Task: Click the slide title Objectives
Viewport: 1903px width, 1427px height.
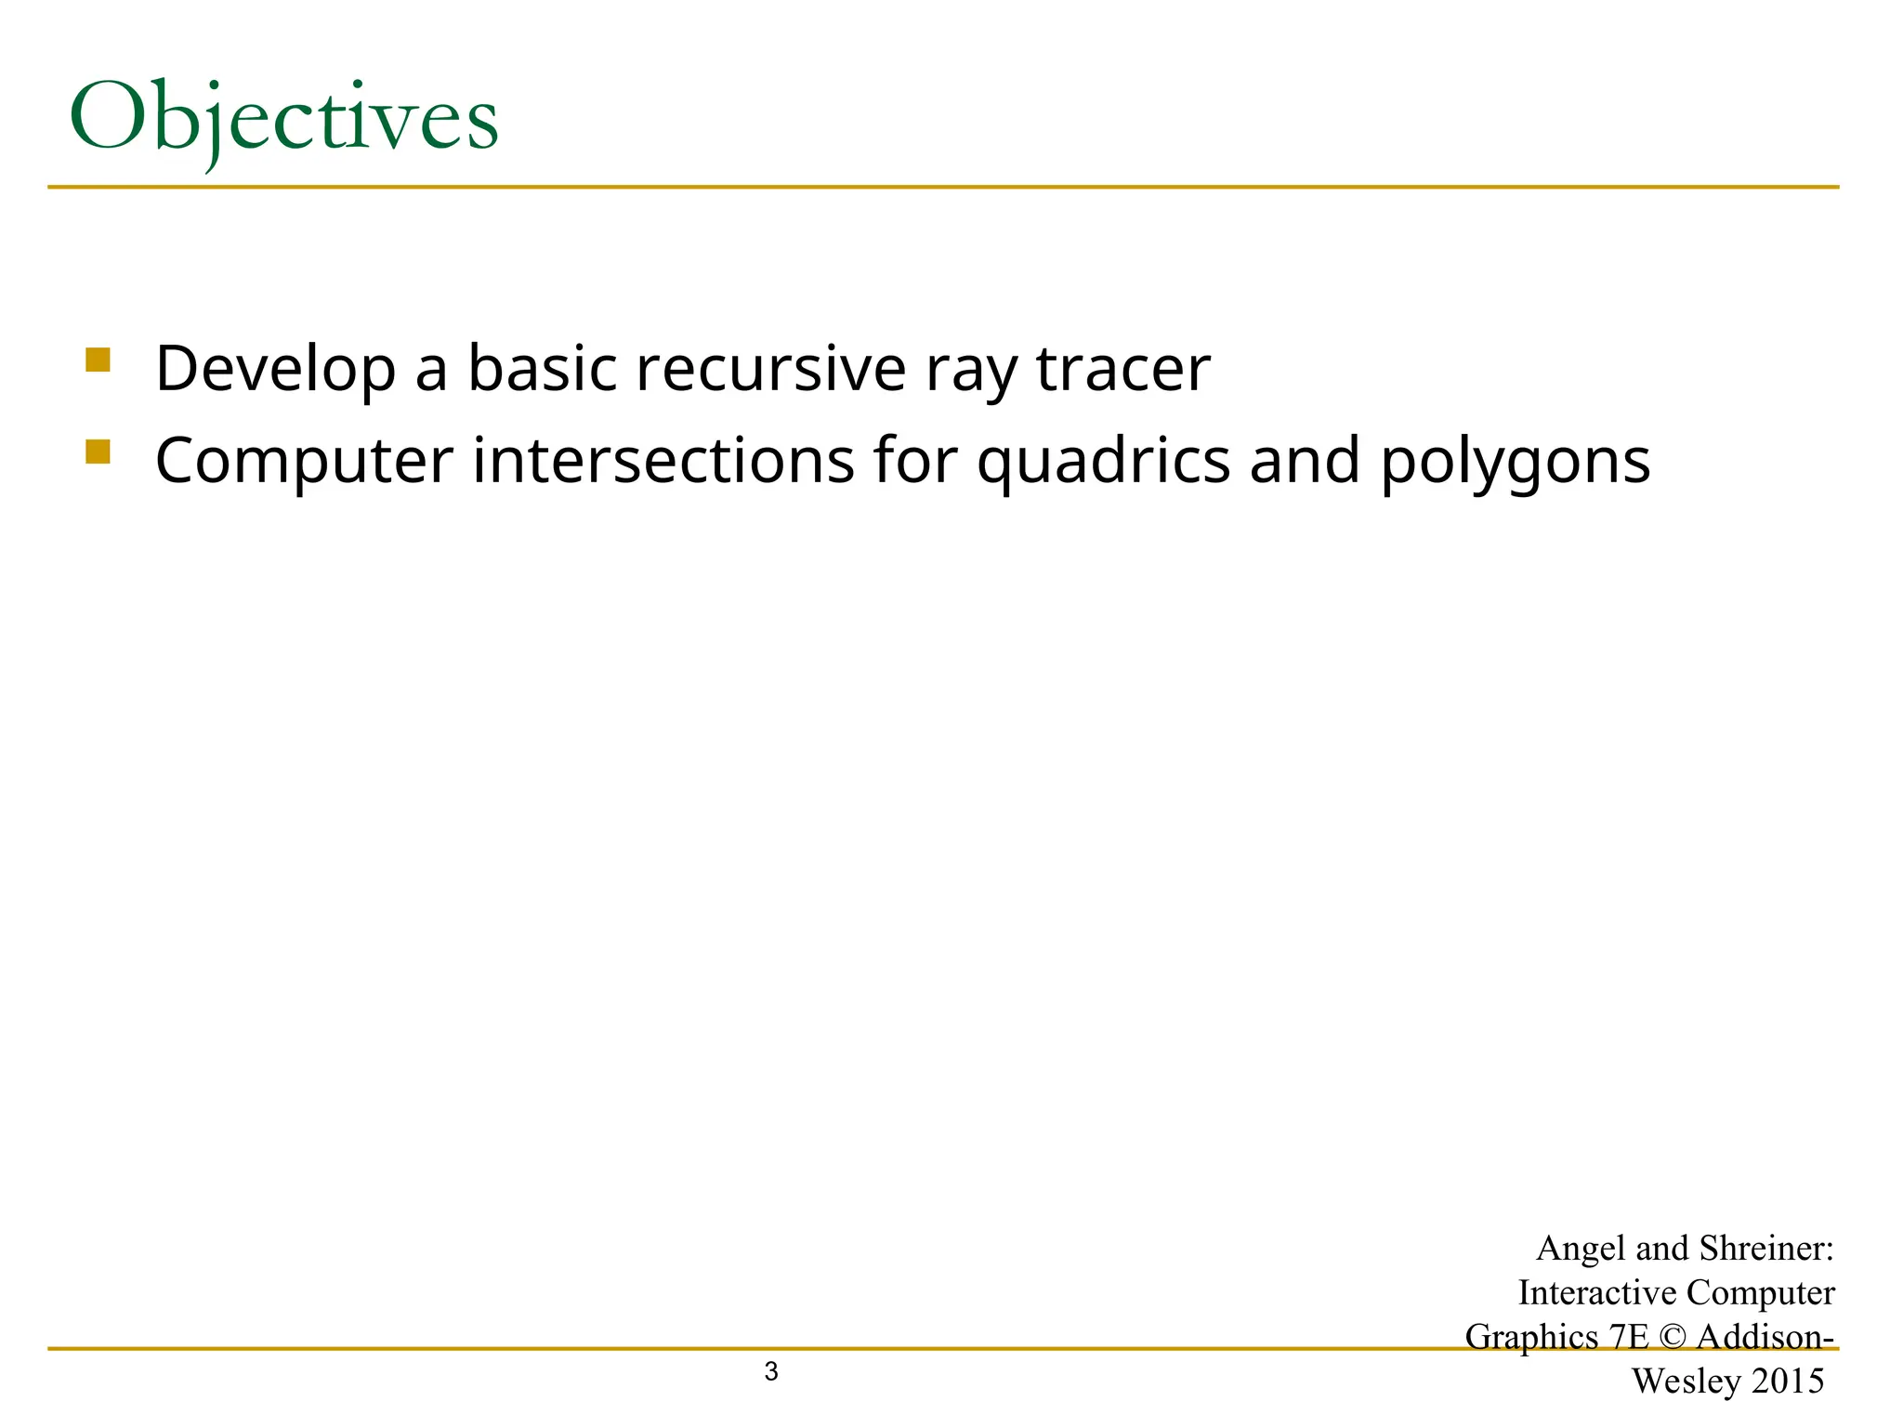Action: (283, 119)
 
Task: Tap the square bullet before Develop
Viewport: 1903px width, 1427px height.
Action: (98, 360)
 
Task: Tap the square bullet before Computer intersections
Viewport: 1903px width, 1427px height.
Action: (98, 452)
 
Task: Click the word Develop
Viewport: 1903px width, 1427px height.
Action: (275, 369)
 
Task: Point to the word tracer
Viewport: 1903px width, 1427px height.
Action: (1122, 369)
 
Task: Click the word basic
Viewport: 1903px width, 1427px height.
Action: (542, 369)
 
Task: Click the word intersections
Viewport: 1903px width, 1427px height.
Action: (663, 461)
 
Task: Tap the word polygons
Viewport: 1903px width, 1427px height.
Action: (1515, 463)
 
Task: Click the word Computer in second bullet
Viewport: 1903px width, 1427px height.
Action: (304, 462)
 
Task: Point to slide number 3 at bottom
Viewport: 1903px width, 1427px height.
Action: (770, 1371)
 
